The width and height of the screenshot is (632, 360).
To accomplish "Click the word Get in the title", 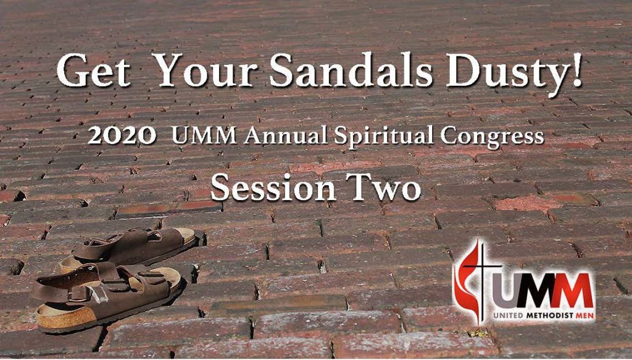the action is pyautogui.click(x=94, y=71).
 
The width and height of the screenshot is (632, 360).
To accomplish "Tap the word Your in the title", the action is pyautogui.click(x=206, y=71).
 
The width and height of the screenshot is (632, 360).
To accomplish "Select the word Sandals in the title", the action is pyautogui.click(x=351, y=70).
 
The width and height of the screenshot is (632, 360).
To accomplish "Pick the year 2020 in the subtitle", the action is pyautogui.click(x=122, y=136).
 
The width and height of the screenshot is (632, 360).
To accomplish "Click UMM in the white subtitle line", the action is pyautogui.click(x=204, y=136).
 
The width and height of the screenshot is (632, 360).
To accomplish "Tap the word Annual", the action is pyautogui.click(x=285, y=135).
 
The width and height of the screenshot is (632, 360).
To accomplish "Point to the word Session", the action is pyautogui.click(x=273, y=188).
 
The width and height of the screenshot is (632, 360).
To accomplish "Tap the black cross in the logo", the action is pyautogui.click(x=480, y=278).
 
